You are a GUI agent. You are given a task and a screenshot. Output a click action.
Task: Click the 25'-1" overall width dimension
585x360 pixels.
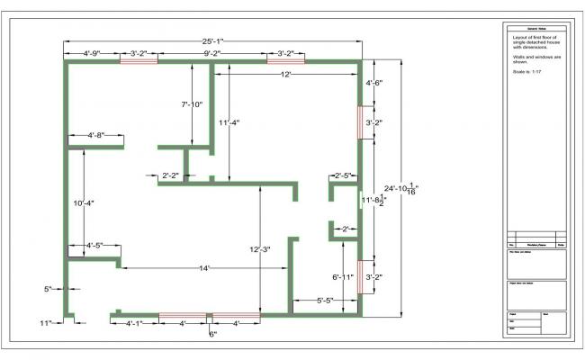[213, 40]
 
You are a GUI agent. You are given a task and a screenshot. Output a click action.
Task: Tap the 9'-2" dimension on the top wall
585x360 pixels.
[211, 54]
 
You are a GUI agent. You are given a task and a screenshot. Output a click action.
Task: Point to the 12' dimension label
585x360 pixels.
[285, 76]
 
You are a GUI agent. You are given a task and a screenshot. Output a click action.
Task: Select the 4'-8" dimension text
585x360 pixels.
[95, 135]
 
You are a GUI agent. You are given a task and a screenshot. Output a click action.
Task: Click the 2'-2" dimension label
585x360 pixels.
[170, 175]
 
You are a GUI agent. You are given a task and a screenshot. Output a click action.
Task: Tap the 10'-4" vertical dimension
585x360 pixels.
[84, 203]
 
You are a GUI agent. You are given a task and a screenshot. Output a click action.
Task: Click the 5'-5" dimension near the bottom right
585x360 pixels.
[326, 300]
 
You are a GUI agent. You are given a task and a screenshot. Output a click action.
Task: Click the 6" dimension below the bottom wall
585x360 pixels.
[212, 334]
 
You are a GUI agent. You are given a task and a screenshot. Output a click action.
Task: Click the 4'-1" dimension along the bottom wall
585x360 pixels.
[134, 322]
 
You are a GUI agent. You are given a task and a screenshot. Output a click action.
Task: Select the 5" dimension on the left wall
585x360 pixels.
[48, 289]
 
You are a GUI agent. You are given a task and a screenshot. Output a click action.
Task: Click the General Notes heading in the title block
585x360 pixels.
[533, 30]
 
